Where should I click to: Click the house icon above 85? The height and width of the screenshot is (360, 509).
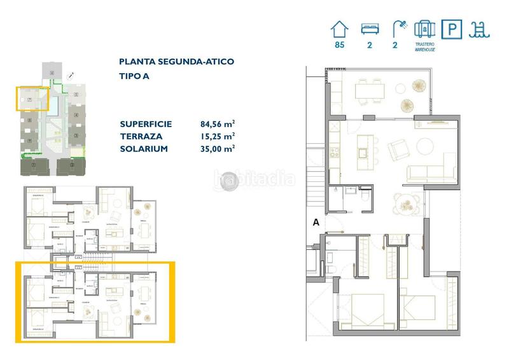(x=340, y=29)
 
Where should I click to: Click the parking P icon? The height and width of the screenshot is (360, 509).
(x=452, y=29)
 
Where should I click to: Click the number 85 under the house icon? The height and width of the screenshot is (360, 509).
(x=340, y=45)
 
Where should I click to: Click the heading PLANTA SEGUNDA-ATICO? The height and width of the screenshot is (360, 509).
(x=176, y=62)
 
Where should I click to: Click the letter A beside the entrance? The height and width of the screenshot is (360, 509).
(x=315, y=223)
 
